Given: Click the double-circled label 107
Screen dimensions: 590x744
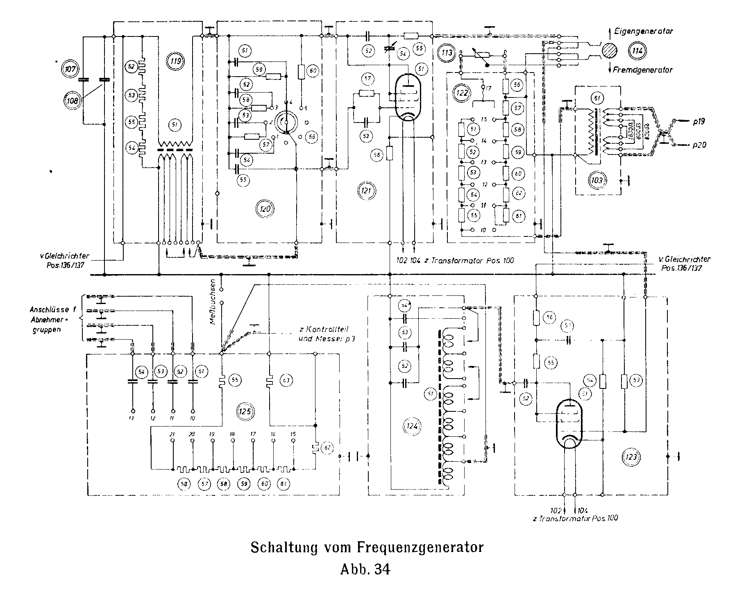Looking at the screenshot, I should tap(70, 69).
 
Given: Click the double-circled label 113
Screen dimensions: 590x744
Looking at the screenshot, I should tap(447, 52).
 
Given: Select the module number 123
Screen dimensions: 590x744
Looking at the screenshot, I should tap(631, 456).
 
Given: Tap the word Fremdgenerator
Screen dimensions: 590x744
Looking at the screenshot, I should tap(642, 70).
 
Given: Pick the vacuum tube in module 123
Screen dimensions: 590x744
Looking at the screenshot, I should tap(569, 425).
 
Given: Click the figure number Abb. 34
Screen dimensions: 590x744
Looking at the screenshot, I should tap(366, 570).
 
